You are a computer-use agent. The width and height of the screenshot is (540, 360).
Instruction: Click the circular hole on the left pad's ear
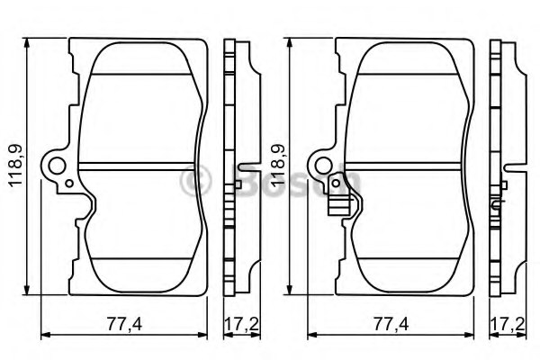[x=59, y=166]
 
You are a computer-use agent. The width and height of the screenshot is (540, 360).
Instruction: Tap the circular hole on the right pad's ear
[x=325, y=166]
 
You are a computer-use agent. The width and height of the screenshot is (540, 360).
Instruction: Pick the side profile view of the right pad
[x=501, y=167]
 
